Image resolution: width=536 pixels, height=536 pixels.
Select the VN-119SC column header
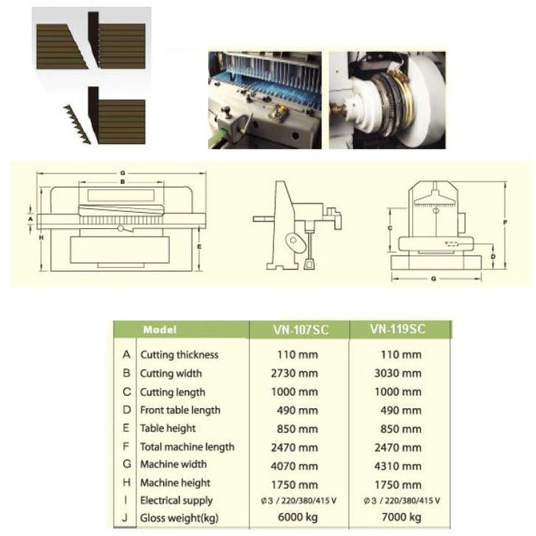pos(397,329)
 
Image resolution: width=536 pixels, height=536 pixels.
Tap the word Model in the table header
pos(159,330)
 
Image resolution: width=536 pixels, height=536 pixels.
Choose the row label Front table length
pos(180,410)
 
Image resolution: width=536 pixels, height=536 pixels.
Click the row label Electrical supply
pos(176,500)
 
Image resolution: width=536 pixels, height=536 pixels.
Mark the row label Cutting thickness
pos(178,355)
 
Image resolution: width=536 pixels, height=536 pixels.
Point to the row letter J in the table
pos(126,518)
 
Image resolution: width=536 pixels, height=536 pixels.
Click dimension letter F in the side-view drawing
pos(506,223)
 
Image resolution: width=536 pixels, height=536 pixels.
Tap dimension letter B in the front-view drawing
pos(122,182)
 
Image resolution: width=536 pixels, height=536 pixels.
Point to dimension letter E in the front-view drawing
pos(198,247)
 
